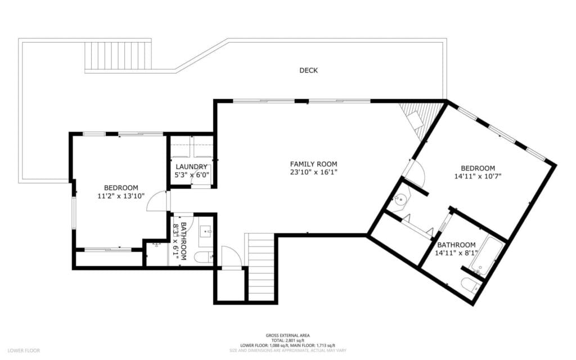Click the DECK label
[x=308, y=70]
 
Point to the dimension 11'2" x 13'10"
[x=120, y=196]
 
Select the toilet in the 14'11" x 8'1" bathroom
[x=469, y=285]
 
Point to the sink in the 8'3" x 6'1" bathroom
[x=206, y=231]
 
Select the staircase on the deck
[x=118, y=55]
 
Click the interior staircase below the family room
[x=260, y=267]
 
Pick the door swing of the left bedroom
[x=158, y=202]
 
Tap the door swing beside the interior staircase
[x=231, y=257]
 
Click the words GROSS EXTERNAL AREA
[x=287, y=335]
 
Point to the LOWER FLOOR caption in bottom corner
[x=24, y=350]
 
